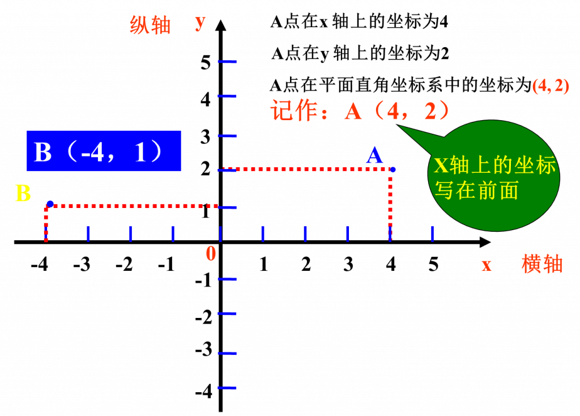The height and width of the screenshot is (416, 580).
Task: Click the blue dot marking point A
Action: tap(393, 169)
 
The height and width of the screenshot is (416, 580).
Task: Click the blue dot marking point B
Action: tap(50, 204)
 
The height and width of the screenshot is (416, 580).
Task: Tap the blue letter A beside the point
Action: tap(374, 155)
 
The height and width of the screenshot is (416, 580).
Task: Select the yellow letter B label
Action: tap(23, 193)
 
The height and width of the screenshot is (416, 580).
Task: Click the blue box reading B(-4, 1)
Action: tap(104, 151)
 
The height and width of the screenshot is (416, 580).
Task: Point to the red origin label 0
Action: tap(211, 254)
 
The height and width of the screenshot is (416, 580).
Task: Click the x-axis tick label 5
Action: tap(433, 264)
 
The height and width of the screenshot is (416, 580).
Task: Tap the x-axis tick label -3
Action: tap(82, 264)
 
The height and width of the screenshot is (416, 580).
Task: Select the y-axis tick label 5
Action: tap(205, 62)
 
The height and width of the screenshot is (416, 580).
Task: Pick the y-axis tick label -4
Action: tap(204, 391)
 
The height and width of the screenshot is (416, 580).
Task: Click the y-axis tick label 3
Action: tap(205, 137)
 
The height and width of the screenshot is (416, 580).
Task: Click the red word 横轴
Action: tap(542, 264)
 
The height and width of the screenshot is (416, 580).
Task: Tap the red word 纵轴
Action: tap(150, 25)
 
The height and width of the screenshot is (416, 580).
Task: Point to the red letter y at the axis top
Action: tap(200, 23)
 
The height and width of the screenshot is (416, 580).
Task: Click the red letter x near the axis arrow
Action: tap(487, 265)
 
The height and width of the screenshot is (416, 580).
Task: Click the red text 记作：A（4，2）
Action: tap(360, 111)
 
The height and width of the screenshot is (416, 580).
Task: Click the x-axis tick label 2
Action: tap(306, 264)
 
